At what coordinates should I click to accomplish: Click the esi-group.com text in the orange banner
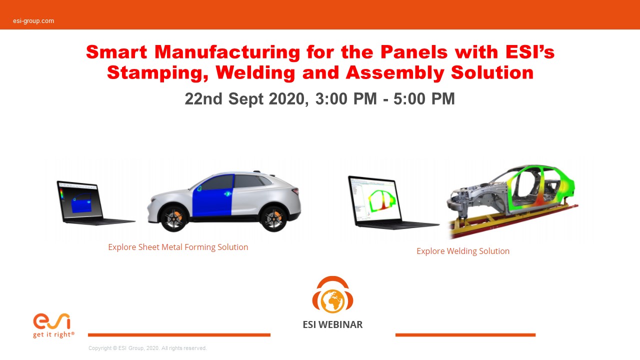[x=33, y=21]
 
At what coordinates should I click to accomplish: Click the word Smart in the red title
[x=116, y=52]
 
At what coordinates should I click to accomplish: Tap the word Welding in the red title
[x=255, y=72]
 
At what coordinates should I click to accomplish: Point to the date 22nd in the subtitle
[x=203, y=99]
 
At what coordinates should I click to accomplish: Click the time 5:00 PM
[x=424, y=99]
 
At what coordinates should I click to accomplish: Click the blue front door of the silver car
[x=213, y=195]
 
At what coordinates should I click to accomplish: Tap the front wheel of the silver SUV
[x=174, y=218]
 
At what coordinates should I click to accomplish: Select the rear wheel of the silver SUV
[x=273, y=218]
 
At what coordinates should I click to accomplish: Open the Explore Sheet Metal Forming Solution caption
[x=178, y=247]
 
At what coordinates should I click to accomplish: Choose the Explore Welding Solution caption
[x=463, y=251]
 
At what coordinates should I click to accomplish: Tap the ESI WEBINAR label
[x=332, y=324]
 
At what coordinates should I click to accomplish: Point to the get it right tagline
[x=53, y=334]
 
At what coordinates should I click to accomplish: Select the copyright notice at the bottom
[x=147, y=348]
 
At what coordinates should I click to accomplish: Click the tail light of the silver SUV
[x=295, y=191]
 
